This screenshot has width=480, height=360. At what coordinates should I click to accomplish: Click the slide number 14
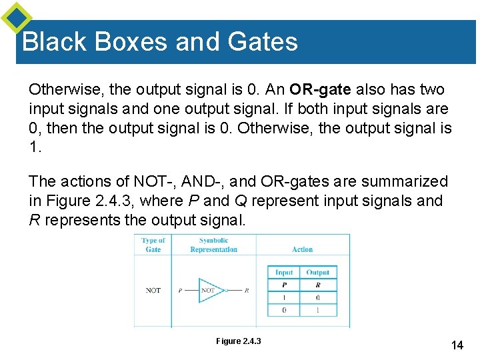pos(457,345)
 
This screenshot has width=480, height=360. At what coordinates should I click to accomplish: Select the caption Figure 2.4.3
pos(239,341)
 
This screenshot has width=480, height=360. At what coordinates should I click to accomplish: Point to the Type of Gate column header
pos(153,245)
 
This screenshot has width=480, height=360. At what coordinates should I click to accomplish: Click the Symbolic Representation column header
pos(213,245)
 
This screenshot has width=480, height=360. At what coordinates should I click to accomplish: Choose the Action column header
pos(302,249)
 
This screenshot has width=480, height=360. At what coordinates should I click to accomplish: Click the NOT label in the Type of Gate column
pos(153,290)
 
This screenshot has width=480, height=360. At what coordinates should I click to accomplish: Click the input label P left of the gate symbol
pos(180,291)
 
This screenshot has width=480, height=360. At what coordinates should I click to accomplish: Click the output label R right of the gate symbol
pos(247,291)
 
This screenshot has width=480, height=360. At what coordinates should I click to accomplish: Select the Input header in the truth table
pos(284,272)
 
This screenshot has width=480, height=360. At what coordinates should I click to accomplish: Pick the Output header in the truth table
pos(317,272)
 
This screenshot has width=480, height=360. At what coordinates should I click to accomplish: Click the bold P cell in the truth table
pos(284,285)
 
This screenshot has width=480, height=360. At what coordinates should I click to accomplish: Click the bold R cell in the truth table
pos(317,285)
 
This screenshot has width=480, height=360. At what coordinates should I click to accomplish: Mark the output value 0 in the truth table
pos(317,297)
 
